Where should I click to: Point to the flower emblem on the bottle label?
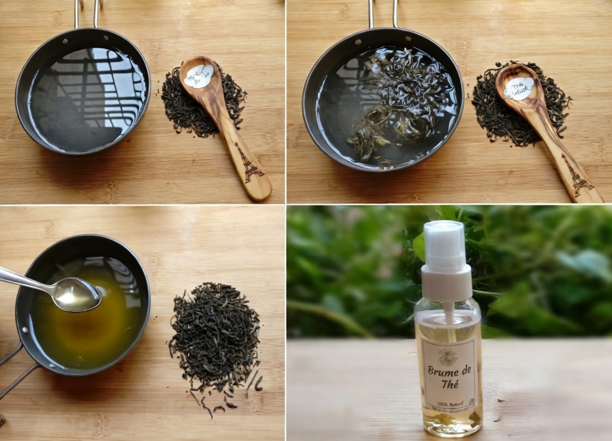447,357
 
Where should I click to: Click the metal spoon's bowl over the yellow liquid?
77,295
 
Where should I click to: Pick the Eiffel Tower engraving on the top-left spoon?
248,163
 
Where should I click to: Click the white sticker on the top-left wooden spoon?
199,76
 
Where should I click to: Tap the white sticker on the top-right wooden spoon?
519,88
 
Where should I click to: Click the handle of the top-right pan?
382,13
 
